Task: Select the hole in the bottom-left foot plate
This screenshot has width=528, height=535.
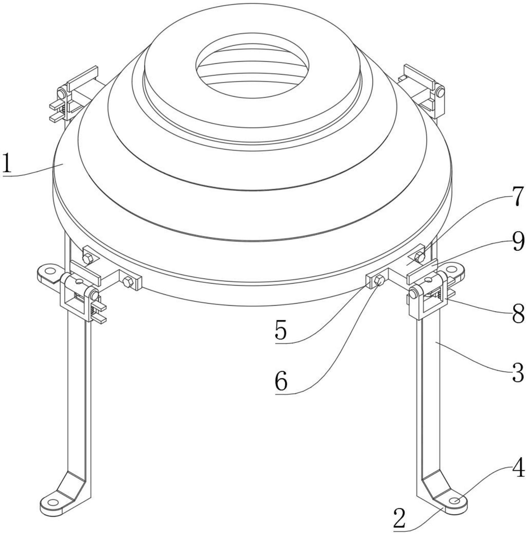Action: point(53,502)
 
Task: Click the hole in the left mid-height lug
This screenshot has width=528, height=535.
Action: point(50,271)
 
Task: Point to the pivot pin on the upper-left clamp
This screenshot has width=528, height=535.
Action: point(61,94)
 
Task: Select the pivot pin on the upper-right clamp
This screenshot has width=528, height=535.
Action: point(440,93)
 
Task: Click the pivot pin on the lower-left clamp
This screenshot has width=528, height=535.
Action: point(94,295)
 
